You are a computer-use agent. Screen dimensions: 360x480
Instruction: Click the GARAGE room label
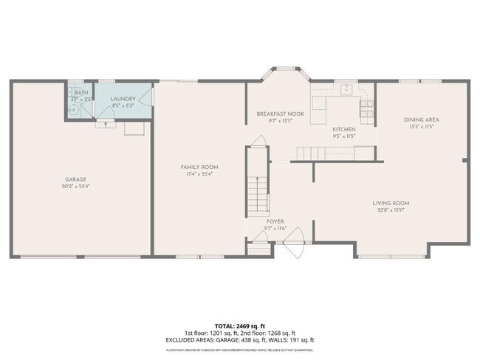pos(76,179)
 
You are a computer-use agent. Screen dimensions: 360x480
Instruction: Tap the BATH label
pos(80,92)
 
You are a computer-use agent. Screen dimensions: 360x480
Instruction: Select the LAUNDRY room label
pos(123,99)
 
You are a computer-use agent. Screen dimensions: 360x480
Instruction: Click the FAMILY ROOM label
pos(199,167)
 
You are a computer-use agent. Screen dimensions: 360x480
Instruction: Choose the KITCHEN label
pos(343,129)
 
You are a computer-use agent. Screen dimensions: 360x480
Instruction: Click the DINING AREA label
pos(422,120)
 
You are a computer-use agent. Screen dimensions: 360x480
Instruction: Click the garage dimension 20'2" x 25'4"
pos(76,186)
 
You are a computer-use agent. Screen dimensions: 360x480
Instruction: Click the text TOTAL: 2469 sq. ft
pos(239,325)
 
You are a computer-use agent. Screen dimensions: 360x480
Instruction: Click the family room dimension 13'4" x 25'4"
pos(199,174)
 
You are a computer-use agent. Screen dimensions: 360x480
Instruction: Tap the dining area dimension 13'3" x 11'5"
pos(422,126)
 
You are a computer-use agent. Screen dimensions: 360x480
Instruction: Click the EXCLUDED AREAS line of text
pos(239,340)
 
